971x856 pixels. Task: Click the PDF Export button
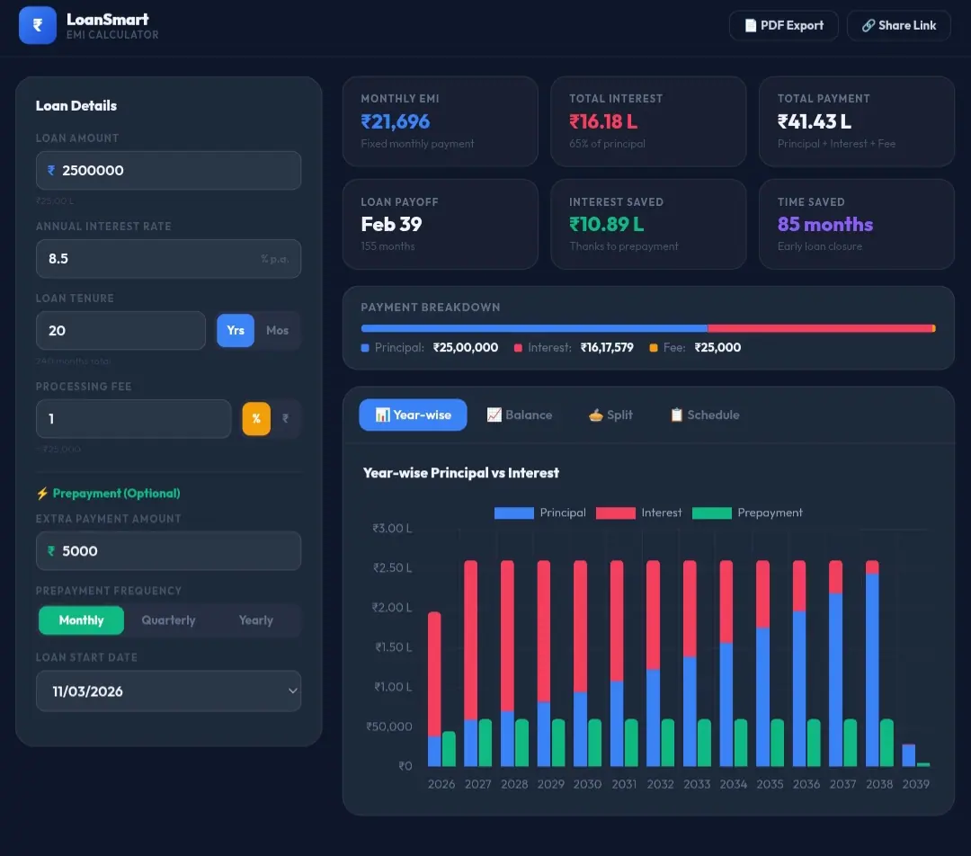click(783, 25)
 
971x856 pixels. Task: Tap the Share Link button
click(898, 25)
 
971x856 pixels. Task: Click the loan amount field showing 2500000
click(168, 170)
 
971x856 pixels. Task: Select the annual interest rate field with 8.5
click(168, 258)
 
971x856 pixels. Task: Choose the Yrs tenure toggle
click(236, 330)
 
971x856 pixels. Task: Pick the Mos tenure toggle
click(277, 330)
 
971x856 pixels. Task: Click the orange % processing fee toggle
click(256, 418)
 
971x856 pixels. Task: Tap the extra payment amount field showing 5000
click(168, 550)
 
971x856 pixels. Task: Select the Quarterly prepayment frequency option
click(168, 620)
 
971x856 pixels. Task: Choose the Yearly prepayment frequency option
click(255, 620)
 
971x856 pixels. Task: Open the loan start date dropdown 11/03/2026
click(168, 691)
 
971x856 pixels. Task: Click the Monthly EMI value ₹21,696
click(396, 121)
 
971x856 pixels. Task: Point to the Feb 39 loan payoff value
click(391, 224)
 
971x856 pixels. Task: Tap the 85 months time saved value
click(825, 224)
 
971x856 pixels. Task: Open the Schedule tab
click(704, 415)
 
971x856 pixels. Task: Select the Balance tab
click(519, 415)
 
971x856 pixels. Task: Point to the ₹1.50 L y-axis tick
click(392, 647)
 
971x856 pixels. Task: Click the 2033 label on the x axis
click(697, 784)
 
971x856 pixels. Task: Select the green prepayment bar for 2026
click(449, 748)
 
